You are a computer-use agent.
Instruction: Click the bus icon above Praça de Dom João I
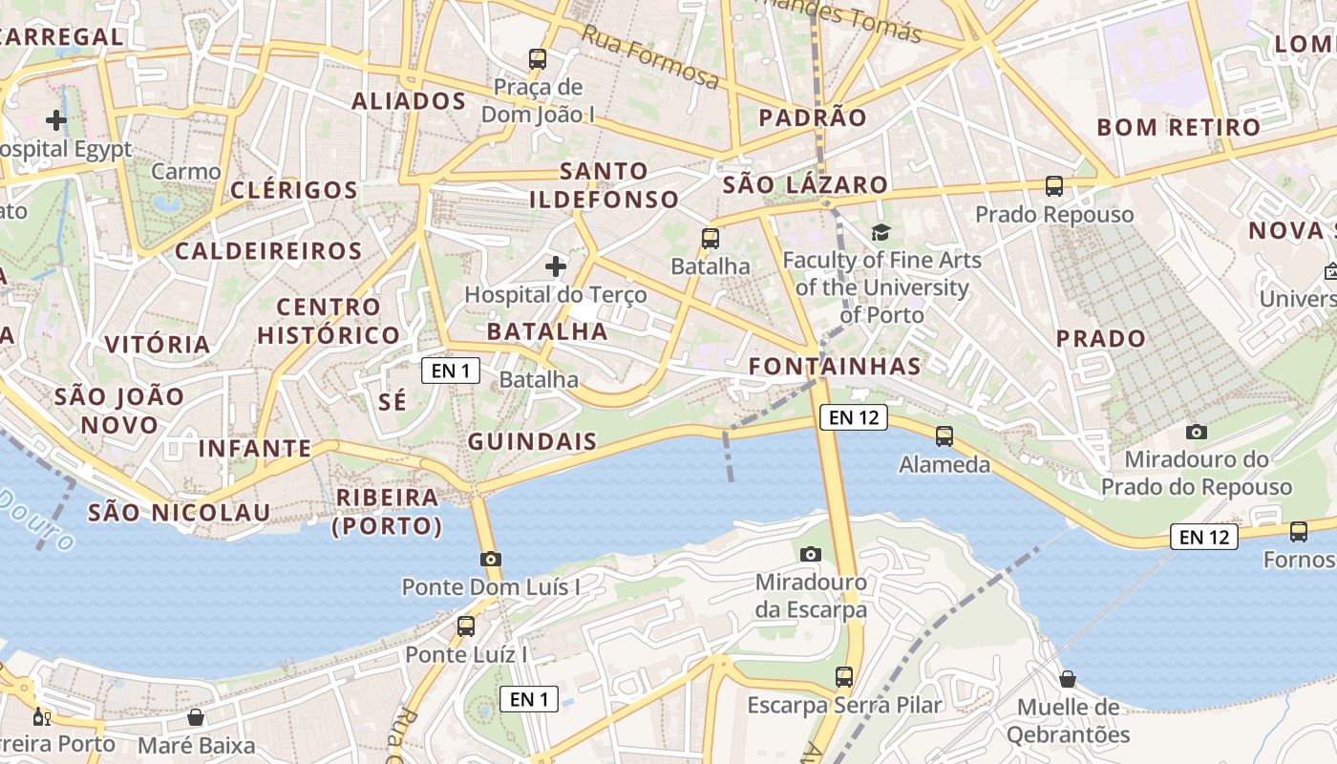538,59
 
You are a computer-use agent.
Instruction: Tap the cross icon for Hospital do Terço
555,265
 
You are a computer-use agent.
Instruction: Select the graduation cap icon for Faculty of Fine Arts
881,232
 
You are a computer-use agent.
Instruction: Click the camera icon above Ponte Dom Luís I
491,559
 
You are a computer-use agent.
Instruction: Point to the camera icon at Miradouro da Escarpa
810,554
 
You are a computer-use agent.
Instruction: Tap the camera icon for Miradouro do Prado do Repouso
1196,432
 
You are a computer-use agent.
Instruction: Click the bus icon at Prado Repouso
1054,186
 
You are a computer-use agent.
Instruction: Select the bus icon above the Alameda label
944,436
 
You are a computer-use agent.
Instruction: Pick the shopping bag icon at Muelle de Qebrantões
1068,679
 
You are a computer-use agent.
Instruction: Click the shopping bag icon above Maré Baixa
196,717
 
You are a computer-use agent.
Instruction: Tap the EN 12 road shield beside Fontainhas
853,416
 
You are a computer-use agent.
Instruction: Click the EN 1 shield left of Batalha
451,370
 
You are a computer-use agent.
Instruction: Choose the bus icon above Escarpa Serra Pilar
844,677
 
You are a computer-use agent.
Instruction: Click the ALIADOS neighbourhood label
409,101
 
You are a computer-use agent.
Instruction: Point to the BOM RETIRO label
1178,127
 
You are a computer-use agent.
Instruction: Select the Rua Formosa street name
649,57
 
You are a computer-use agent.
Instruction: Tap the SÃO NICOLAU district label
180,513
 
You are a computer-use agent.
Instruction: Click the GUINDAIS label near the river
532,441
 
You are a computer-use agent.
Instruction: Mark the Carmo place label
186,172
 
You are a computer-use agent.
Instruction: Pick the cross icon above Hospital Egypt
56,120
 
